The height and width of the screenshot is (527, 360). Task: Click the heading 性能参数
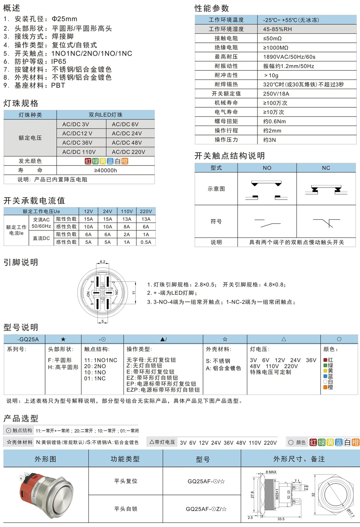click(212, 8)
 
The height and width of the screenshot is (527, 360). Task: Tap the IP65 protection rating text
click(62, 61)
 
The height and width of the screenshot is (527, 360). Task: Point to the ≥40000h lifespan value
click(105, 170)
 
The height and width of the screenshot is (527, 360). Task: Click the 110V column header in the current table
click(127, 211)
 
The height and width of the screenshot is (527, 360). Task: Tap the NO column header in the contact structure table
click(267, 168)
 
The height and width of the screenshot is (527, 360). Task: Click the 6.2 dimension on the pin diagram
click(102, 261)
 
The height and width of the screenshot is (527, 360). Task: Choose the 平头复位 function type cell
click(126, 481)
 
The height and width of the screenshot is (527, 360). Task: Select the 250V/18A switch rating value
click(277, 94)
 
